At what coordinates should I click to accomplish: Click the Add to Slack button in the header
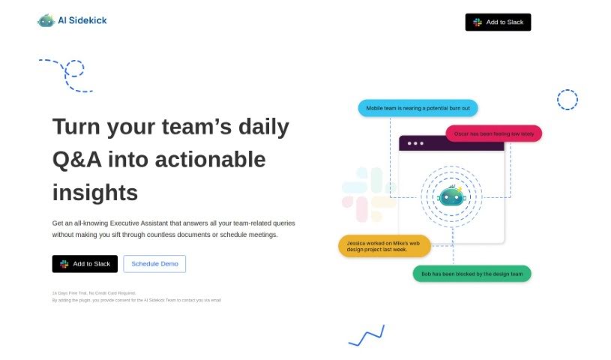click(x=498, y=22)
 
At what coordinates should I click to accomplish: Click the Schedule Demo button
click(x=154, y=264)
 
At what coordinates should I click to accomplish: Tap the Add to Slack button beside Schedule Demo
click(x=85, y=264)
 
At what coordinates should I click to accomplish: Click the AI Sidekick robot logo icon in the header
click(x=46, y=21)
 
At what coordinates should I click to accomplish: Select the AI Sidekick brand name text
click(x=82, y=21)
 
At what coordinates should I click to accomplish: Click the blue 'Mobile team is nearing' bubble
click(x=418, y=108)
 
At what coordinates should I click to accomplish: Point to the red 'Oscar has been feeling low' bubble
click(x=493, y=133)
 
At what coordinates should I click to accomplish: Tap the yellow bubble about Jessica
click(x=384, y=246)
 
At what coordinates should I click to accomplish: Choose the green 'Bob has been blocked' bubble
click(x=472, y=274)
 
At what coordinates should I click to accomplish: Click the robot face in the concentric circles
click(x=451, y=196)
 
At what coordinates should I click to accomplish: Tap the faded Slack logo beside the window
click(x=368, y=194)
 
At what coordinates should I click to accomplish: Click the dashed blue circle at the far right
click(x=568, y=99)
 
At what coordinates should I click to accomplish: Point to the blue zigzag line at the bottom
click(x=367, y=336)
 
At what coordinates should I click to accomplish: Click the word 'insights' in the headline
click(x=95, y=193)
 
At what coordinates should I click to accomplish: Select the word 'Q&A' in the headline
click(x=76, y=160)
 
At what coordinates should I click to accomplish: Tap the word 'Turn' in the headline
click(x=76, y=127)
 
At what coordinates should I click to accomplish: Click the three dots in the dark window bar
click(x=415, y=143)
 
